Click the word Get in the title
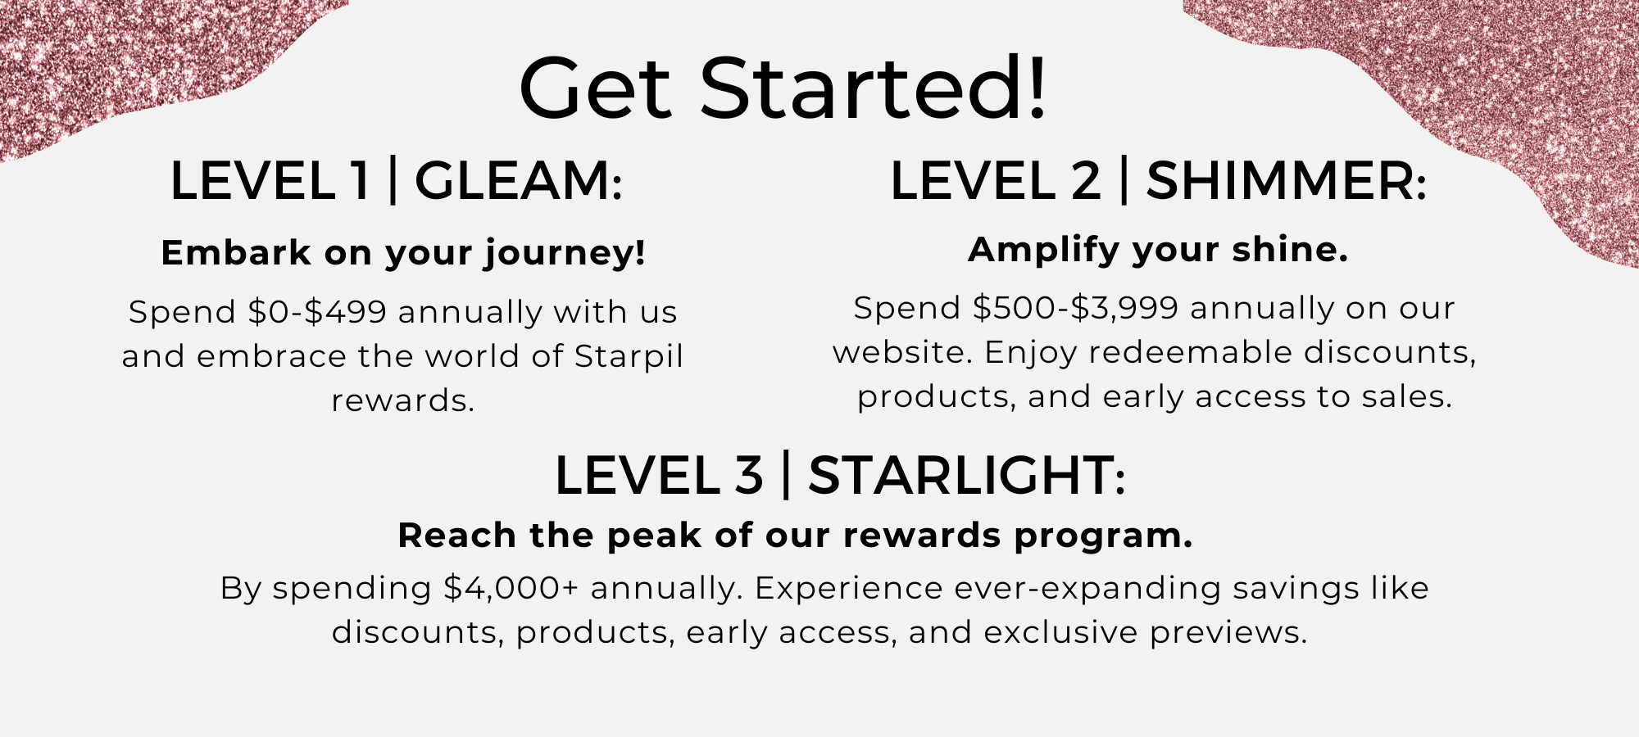[x=596, y=87]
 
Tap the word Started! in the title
[x=873, y=87]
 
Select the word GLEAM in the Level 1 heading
[x=519, y=181]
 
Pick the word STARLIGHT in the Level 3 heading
[x=967, y=476]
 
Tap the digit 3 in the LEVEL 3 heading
[x=748, y=476]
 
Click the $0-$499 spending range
[x=317, y=312]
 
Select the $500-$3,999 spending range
[x=1075, y=308]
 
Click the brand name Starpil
[x=629, y=357]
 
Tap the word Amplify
[x=1043, y=250]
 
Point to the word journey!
[x=564, y=253]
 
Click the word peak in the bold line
[x=654, y=536]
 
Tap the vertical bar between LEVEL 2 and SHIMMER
[x=1124, y=181]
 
